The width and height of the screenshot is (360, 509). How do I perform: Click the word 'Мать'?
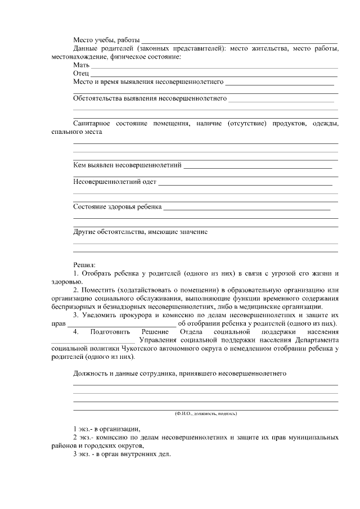(82, 66)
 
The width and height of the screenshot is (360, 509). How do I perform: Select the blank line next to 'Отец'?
(214, 74)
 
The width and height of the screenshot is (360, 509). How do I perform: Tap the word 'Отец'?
(81, 74)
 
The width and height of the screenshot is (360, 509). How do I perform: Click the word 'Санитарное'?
(92, 123)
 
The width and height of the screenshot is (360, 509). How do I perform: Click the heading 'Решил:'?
(84, 264)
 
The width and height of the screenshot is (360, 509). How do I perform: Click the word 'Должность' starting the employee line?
(90, 373)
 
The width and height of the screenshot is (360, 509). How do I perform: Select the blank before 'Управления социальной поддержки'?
(93, 341)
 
